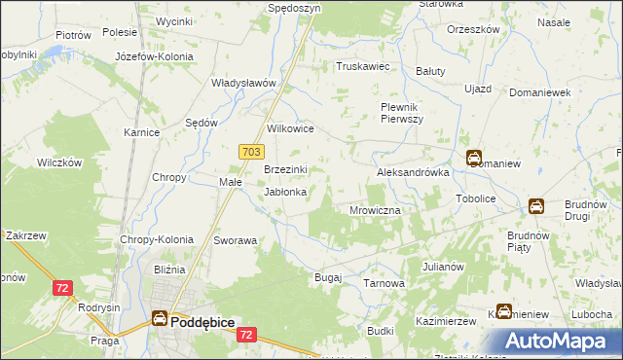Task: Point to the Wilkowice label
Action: pyautogui.click(x=290, y=127)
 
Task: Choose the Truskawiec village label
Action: pyautogui.click(x=362, y=67)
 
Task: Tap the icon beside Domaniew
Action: pyautogui.click(x=473, y=159)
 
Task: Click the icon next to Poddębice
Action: pyautogui.click(x=159, y=317)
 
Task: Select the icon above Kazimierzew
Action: pyautogui.click(x=504, y=311)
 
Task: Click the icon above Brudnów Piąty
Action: pyautogui.click(x=536, y=206)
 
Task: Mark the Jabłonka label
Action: pyautogui.click(x=286, y=192)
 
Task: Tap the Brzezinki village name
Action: pyautogui.click(x=286, y=169)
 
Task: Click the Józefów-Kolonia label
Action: pyautogui.click(x=154, y=56)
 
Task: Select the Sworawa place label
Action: pyautogui.click(x=236, y=239)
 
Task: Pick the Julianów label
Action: pyautogui.click(x=443, y=266)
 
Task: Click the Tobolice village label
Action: pyautogui.click(x=476, y=198)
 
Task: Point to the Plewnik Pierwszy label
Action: pyautogui.click(x=400, y=112)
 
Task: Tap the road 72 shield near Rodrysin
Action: pyautogui.click(x=62, y=288)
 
